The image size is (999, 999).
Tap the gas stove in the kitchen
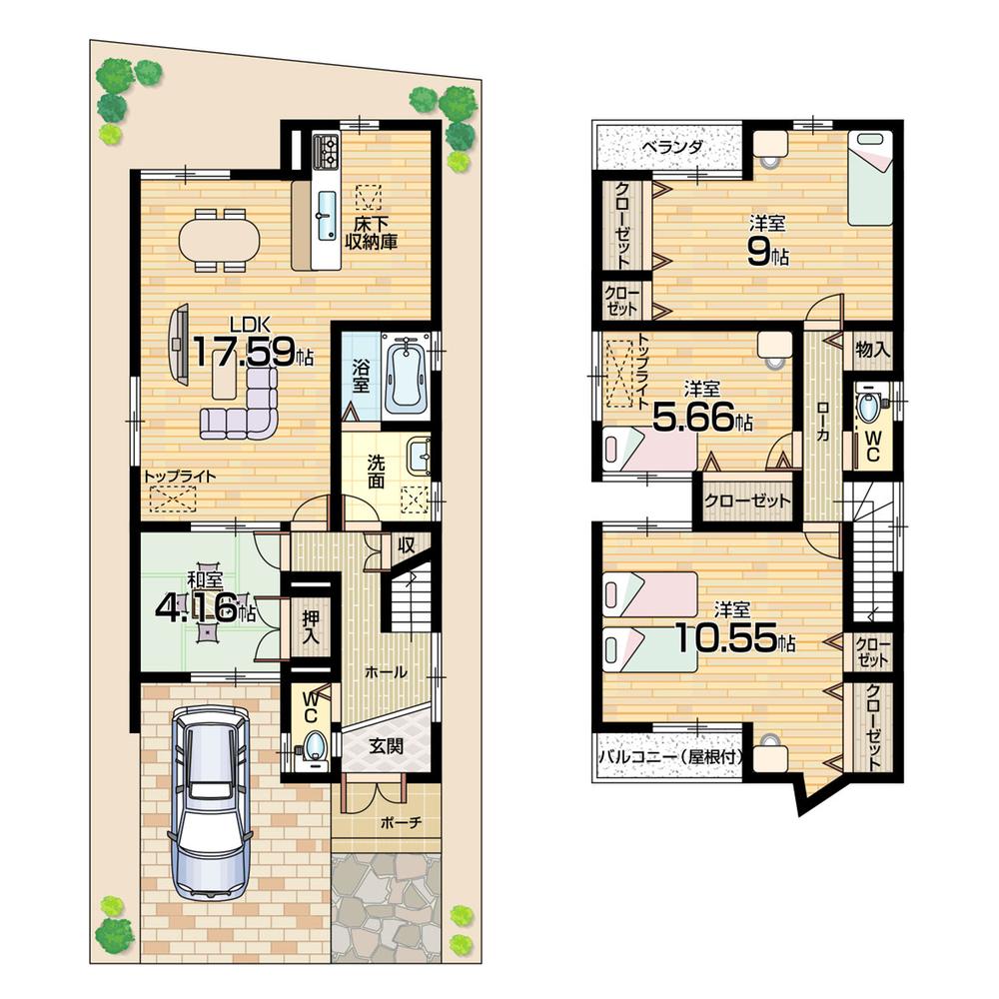(x=327, y=152)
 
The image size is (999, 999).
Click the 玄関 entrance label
(x=385, y=744)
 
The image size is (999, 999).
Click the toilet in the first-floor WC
(x=315, y=745)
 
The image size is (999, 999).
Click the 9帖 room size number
(x=766, y=254)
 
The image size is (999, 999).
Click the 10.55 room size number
(x=726, y=638)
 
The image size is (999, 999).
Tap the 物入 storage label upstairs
(x=872, y=351)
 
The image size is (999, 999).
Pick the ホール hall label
(x=386, y=672)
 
